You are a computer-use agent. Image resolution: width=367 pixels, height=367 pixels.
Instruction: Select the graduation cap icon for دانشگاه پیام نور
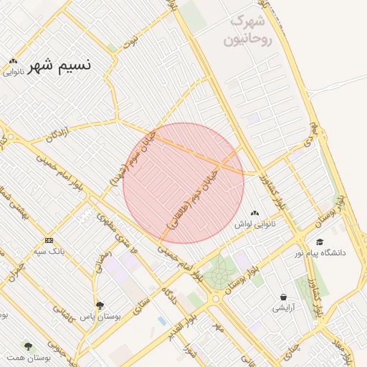320,242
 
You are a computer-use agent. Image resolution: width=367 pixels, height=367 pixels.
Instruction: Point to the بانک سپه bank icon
49,240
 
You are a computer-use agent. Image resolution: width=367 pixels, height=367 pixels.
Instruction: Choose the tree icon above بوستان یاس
100,305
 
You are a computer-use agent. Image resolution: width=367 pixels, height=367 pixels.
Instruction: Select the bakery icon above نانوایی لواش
256,214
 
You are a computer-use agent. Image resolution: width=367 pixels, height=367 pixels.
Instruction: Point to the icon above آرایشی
284,297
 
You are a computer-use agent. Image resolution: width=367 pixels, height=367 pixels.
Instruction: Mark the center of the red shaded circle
183,183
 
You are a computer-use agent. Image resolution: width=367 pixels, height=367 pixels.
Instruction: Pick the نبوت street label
130,42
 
